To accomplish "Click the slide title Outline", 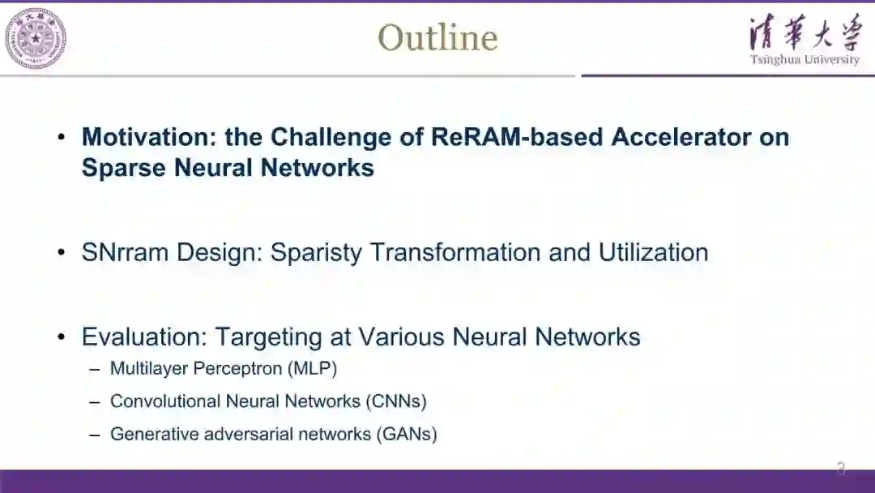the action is (x=437, y=37).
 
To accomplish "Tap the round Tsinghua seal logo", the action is (x=36, y=38).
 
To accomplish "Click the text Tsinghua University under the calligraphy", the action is (x=805, y=60).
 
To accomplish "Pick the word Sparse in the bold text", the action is (x=118, y=167).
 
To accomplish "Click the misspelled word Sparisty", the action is (x=317, y=252).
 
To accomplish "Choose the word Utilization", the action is (x=653, y=252).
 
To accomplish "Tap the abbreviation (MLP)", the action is (x=312, y=369).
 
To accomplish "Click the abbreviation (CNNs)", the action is (x=395, y=401).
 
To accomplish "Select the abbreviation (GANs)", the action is (x=406, y=434).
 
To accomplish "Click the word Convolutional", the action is (x=164, y=401).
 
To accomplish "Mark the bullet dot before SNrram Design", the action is (x=62, y=253).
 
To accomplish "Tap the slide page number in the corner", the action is (x=841, y=467).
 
